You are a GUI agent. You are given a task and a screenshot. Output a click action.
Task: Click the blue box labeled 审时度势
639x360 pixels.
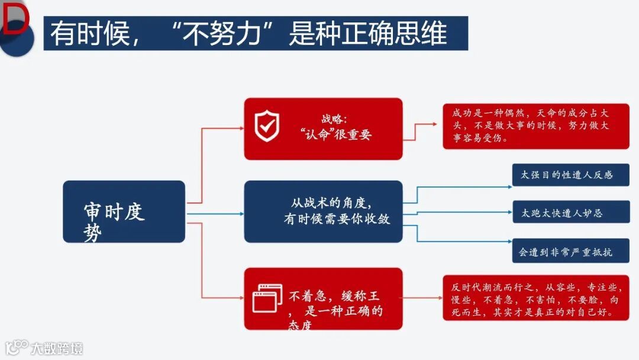124,211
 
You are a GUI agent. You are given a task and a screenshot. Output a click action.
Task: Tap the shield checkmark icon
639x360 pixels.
266,127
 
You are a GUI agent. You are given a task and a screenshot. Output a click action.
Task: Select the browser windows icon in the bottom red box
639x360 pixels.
267,298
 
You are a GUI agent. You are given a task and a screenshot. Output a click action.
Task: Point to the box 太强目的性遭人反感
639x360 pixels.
570,175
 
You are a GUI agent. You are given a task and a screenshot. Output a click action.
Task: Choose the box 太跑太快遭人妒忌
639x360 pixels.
570,212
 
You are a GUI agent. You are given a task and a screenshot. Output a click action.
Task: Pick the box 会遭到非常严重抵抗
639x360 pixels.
570,251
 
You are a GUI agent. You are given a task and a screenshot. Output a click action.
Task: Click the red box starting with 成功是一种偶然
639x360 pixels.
535,126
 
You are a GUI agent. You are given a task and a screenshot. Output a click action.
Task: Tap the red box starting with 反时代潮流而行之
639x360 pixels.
535,298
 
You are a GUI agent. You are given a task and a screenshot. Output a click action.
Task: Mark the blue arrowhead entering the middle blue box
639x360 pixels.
240,213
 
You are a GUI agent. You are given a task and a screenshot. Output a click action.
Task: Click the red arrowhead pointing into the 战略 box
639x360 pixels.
240,128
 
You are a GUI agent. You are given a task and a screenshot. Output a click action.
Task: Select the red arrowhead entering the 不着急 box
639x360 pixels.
240,298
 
